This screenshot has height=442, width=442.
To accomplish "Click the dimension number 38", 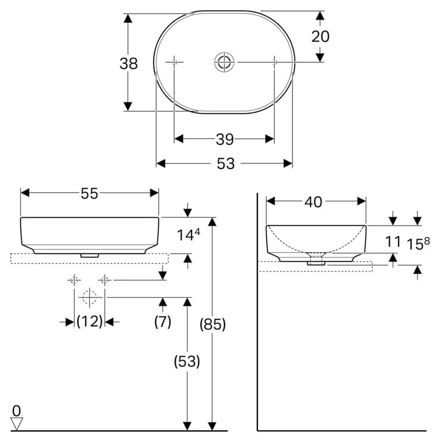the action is coord(129,63).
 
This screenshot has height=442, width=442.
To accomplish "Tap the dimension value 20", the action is coord(320,36).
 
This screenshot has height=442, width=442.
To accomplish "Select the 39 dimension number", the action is coord(225,139).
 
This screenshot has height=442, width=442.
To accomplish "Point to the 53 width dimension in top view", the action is coord(225,164).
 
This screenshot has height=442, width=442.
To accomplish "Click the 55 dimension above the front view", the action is coord(89,194).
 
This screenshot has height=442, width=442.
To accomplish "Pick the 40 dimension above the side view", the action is coord(313,202).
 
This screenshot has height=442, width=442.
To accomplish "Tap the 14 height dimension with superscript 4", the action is coord(188,235).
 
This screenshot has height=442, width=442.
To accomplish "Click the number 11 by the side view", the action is coord(392,242).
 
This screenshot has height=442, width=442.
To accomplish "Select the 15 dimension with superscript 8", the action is coord(418,244).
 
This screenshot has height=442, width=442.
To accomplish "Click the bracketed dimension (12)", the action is coord(89,321).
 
